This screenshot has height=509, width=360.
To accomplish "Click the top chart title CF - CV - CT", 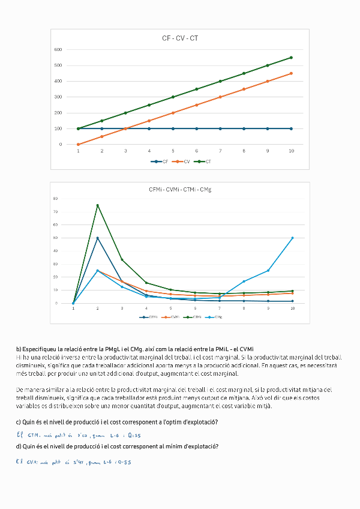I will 180,38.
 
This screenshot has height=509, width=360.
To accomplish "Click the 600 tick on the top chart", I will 58,49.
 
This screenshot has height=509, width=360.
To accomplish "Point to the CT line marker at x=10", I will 291,58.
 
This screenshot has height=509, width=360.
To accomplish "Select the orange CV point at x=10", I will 291,73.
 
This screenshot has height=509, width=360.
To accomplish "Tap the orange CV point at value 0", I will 78,144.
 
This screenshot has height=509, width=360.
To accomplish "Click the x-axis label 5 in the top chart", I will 173,151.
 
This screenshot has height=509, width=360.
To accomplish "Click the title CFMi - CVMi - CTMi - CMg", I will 180,190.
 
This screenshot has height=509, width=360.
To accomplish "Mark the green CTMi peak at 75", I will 97,205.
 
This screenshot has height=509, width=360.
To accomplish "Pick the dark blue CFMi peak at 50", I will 97,238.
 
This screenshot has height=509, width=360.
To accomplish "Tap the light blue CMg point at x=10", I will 292,238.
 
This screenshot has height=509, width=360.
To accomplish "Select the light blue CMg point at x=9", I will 268,270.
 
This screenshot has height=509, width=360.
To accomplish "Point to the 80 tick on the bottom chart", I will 55,199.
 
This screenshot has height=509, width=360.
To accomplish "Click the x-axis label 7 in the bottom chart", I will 219,309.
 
